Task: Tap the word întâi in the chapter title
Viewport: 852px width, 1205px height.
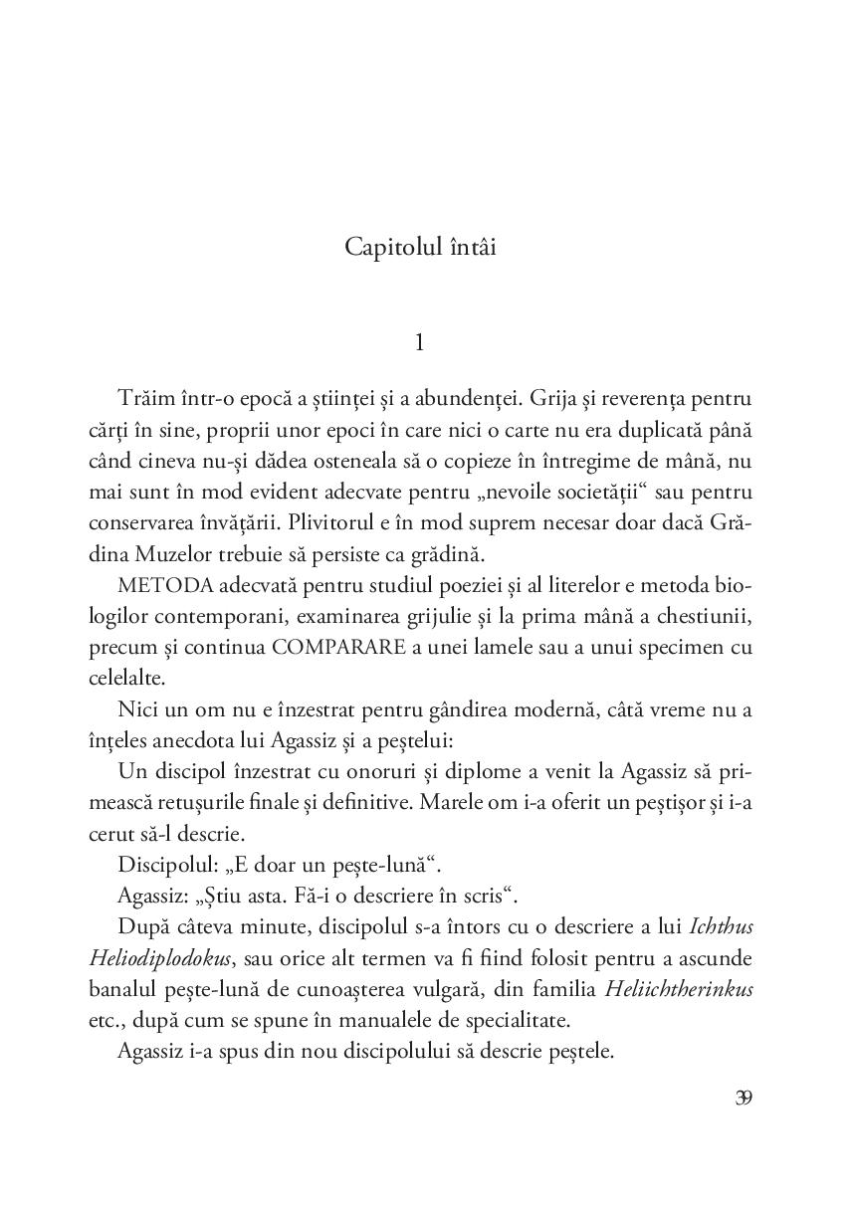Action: click(x=467, y=247)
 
